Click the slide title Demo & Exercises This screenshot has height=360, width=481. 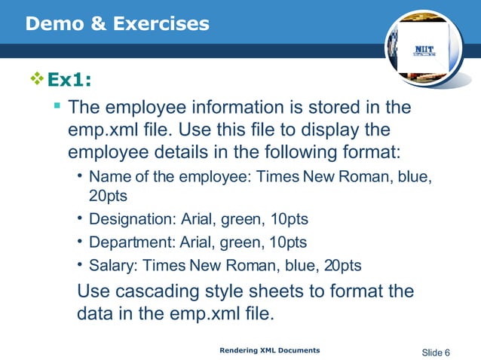[x=117, y=24]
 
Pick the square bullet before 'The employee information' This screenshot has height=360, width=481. [x=56, y=108]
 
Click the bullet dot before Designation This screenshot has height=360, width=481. [x=79, y=219]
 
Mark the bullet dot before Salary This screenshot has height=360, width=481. [x=79, y=265]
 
